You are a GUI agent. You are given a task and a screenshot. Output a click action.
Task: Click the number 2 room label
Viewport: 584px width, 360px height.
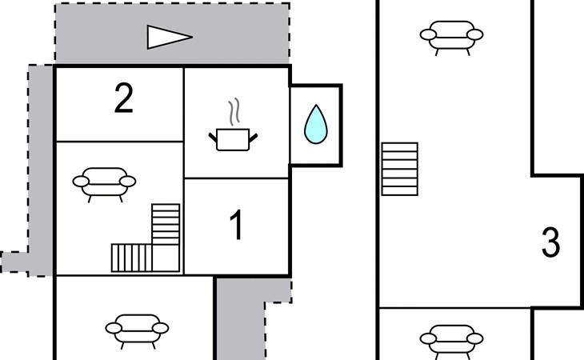click(122, 99)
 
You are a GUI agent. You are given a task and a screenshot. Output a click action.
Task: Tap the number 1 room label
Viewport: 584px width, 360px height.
click(236, 226)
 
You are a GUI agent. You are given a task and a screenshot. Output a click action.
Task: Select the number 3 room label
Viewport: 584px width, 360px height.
click(550, 243)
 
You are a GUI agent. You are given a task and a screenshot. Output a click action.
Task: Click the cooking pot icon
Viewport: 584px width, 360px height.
click(234, 139)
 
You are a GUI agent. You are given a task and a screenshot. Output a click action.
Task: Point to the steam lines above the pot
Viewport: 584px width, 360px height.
click(234, 113)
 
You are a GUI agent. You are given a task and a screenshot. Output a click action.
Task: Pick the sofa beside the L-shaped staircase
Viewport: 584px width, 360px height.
click(103, 182)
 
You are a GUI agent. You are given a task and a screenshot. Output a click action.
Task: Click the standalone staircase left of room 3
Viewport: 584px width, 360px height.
click(400, 168)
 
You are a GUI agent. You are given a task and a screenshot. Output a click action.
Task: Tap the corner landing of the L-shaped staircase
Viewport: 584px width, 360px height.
click(167, 258)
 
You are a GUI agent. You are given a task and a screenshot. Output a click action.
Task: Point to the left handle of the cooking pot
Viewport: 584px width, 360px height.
click(214, 138)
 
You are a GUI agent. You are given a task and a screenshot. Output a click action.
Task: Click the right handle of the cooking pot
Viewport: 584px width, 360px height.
click(254, 138)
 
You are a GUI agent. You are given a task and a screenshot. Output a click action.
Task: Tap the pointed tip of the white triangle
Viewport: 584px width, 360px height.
click(192, 36)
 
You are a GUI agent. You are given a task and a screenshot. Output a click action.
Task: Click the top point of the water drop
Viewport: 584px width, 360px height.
click(316, 106)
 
